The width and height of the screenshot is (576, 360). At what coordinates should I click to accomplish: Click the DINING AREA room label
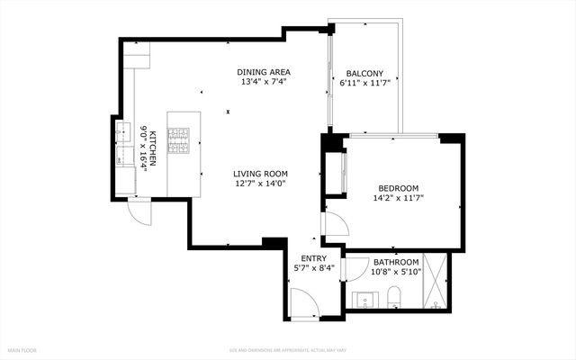[x=264, y=73]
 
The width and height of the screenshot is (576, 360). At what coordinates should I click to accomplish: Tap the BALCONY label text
[x=364, y=74]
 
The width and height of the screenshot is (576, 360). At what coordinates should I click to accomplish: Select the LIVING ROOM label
[x=260, y=174]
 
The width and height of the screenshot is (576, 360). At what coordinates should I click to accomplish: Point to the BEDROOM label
[x=397, y=187]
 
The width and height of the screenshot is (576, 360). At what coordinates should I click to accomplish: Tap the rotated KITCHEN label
[x=154, y=146]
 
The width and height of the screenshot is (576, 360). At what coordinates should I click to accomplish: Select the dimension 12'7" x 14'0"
[x=260, y=184]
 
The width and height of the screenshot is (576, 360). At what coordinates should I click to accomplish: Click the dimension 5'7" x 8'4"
[x=301, y=268]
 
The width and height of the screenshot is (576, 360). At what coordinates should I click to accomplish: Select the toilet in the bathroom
[x=393, y=294]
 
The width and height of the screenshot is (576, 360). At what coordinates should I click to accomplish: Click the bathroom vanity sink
[x=365, y=298]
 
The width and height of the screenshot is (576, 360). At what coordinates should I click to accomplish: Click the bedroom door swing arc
[x=335, y=226]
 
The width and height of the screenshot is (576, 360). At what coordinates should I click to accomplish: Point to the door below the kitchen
[x=138, y=211]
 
